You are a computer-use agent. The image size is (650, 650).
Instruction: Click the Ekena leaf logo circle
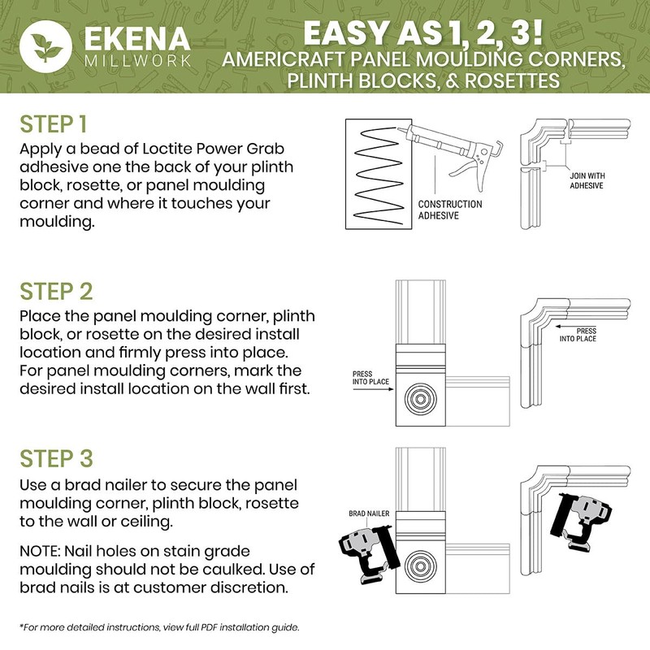(46, 46)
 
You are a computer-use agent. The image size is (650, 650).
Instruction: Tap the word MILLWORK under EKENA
(137, 61)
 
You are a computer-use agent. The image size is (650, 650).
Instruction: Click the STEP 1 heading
(54, 124)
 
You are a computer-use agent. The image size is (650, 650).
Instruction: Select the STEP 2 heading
(56, 292)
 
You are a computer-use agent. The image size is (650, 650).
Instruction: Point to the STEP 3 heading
(56, 458)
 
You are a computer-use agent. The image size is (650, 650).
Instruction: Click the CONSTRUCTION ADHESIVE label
(450, 210)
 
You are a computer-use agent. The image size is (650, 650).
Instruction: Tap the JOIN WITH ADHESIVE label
(587, 180)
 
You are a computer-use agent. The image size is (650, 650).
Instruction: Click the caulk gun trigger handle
(473, 175)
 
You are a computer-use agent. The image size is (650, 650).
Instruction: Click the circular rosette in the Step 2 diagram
(420, 399)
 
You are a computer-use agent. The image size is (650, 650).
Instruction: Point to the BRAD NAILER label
(369, 513)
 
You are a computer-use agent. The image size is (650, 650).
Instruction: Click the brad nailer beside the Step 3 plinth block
(368, 554)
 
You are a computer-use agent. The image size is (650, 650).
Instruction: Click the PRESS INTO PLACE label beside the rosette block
(370, 378)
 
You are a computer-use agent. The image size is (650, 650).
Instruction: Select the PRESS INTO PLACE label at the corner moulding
(578, 335)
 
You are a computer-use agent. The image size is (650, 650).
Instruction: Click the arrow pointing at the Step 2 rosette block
(373, 389)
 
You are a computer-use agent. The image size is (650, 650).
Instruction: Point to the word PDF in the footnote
(209, 627)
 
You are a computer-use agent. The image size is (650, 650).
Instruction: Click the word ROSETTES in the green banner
(512, 80)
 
